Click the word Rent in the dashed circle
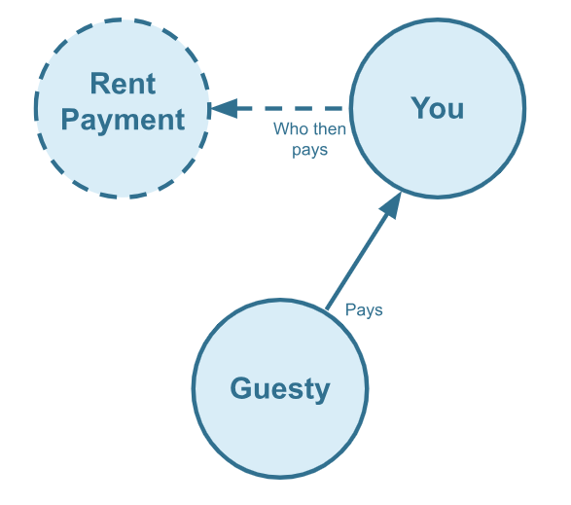pos(124,84)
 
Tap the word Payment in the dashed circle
pos(124,120)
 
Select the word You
pos(438,108)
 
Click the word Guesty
pos(280,389)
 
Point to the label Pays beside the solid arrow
pos(364,310)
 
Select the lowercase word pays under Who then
pos(310,150)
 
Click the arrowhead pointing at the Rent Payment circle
pos(225,108)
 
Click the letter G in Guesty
pos(240,388)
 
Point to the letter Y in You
pos(421,107)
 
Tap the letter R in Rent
pos(100,84)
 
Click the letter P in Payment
pos(70,119)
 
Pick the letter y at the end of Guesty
pos(321,392)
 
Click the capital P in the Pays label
pos(350,309)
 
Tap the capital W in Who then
pos(282,129)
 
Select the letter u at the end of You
pos(457,111)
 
